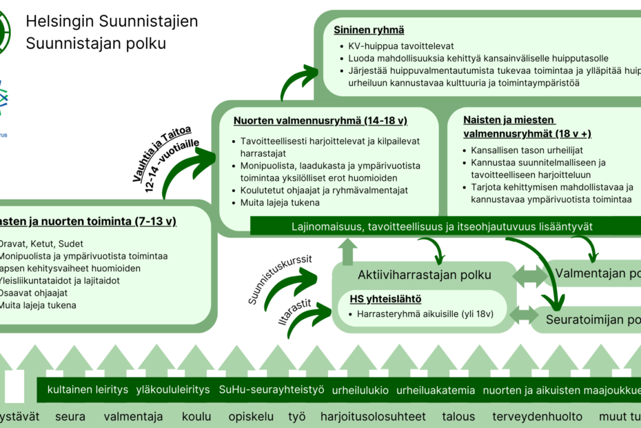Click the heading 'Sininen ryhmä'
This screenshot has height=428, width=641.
[369, 30]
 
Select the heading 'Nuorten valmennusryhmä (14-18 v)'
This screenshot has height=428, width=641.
[320, 121]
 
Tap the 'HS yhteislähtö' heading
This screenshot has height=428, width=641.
[385, 299]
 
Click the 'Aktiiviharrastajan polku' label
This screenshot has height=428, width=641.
[425, 275]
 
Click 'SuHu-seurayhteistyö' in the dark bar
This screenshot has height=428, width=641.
[271, 390]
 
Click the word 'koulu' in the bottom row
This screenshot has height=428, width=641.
[196, 417]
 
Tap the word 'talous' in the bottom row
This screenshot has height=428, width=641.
[458, 417]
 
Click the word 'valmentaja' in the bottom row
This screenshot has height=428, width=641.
[133, 417]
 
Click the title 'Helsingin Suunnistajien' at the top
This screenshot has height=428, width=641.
[112, 21]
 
